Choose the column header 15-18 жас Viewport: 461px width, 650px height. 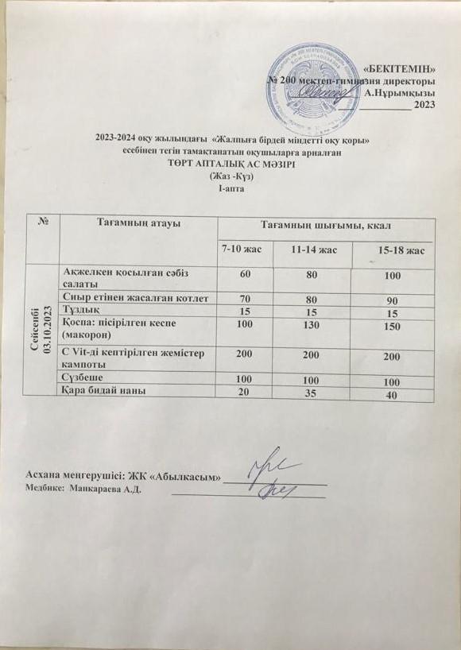click(x=399, y=251)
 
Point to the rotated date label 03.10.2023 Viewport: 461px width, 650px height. click(x=48, y=328)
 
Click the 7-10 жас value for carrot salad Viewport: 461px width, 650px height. click(x=242, y=274)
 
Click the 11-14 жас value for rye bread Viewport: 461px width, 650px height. click(x=313, y=393)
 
